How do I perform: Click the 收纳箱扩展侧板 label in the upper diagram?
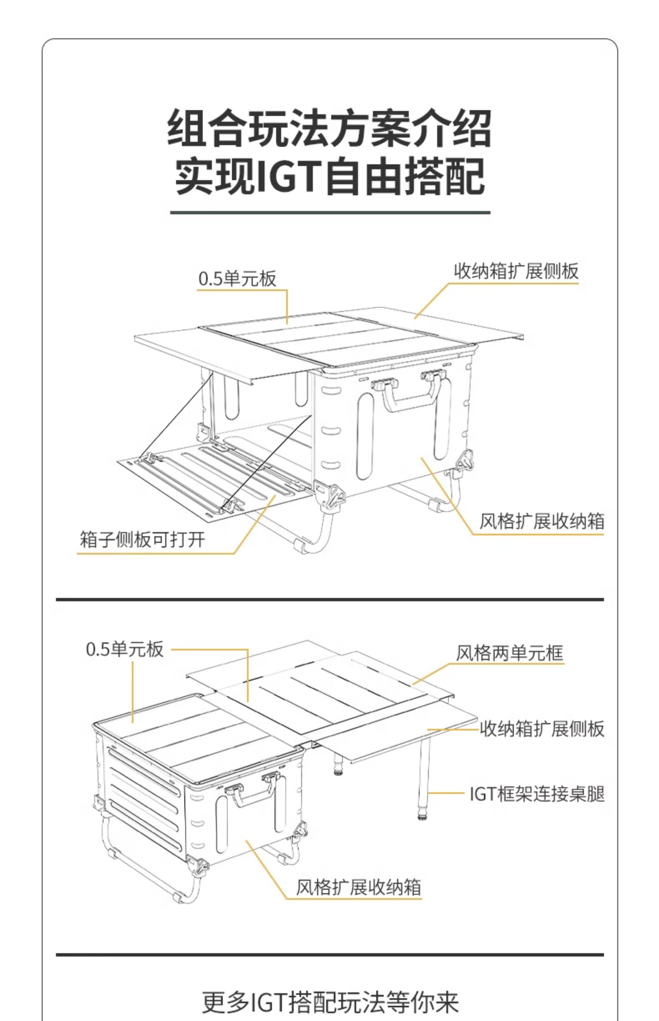click(516, 271)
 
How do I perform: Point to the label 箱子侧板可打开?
click(142, 539)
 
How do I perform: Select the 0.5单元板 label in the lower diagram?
click(125, 649)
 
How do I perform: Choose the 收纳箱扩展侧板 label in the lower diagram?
click(541, 728)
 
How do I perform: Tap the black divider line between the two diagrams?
click(329, 599)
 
